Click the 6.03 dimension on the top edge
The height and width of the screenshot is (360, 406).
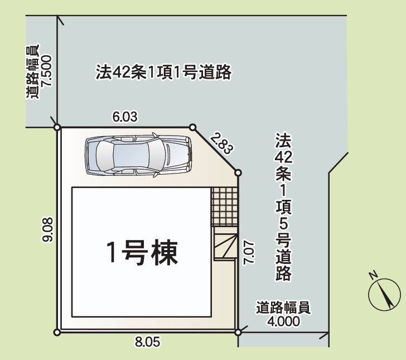(125, 117)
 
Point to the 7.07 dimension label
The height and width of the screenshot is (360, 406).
(250, 253)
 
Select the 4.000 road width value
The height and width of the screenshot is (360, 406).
(283, 321)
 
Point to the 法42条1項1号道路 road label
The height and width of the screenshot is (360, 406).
(163, 73)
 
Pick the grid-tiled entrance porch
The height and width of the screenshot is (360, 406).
(225, 207)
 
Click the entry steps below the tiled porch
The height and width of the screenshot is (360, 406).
(226, 246)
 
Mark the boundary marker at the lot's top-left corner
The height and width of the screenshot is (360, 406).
(57, 127)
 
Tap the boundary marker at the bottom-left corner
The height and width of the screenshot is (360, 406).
(57, 333)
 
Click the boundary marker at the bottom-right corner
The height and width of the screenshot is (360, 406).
(239, 332)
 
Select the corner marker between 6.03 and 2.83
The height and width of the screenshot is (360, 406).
(193, 127)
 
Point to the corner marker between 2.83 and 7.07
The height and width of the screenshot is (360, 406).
(238, 173)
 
